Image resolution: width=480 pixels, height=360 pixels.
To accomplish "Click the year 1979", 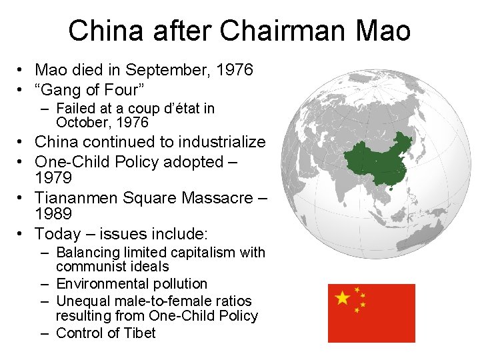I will pos(53,179).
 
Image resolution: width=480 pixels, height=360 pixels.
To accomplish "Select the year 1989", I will pos(53,214).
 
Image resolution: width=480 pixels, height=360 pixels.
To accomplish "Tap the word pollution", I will pos(179,284).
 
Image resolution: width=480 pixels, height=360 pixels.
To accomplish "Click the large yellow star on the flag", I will pos(343,298).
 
